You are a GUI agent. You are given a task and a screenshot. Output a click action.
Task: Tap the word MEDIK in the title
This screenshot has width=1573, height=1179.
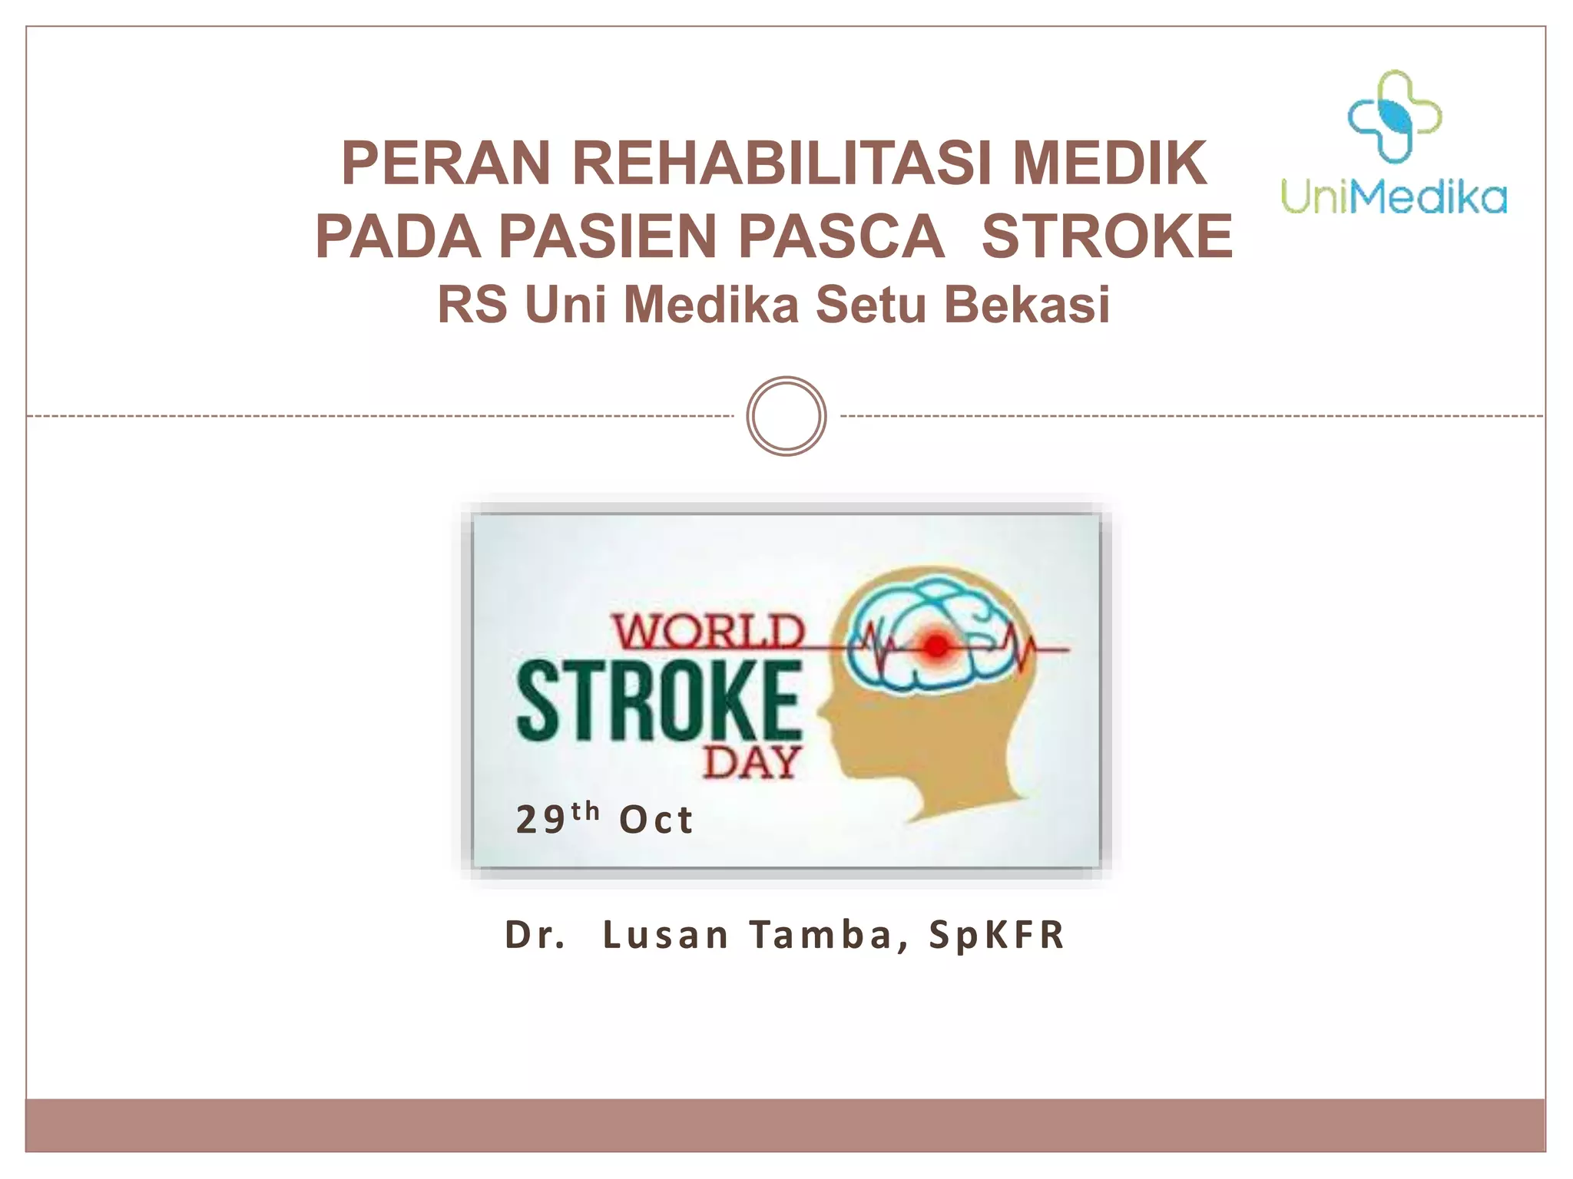(x=1110, y=163)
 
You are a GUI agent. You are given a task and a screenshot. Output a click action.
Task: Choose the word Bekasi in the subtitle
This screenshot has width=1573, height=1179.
(x=1027, y=305)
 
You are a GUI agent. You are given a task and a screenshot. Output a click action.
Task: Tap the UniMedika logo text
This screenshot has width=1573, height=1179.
(x=1393, y=196)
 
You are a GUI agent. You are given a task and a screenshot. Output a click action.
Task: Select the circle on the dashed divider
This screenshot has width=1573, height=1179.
(x=786, y=416)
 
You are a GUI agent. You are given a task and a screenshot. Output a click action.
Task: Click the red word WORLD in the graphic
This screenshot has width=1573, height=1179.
(x=708, y=632)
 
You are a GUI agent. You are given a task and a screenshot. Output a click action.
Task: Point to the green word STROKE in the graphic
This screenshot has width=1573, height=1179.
(x=659, y=701)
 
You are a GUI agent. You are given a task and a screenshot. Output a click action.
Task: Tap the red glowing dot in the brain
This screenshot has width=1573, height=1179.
(x=936, y=646)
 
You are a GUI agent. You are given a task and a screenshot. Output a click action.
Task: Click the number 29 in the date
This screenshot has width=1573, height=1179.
(x=541, y=820)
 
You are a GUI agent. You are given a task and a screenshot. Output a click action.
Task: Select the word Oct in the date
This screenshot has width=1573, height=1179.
(x=656, y=820)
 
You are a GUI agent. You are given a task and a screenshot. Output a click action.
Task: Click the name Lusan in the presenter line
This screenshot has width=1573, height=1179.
(x=665, y=935)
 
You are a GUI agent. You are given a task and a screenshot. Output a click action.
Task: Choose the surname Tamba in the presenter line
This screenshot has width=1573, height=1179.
(x=820, y=935)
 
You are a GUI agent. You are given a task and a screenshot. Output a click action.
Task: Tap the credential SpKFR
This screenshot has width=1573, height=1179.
(x=996, y=935)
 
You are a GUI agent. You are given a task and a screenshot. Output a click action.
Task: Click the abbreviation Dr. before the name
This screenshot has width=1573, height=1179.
(x=535, y=935)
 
